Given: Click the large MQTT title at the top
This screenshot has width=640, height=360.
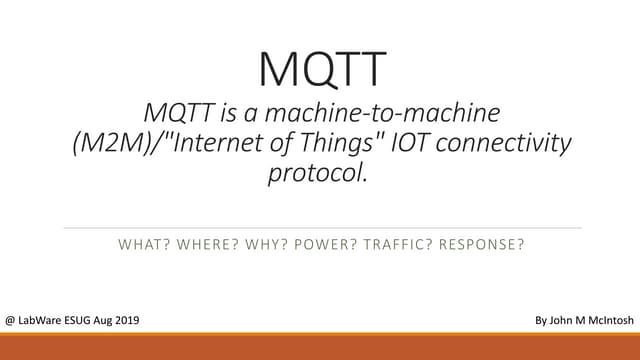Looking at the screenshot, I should coord(320,68).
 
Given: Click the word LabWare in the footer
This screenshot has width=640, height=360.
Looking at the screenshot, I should coord(44,320).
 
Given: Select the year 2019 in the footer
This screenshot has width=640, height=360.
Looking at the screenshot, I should coord(124,320).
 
